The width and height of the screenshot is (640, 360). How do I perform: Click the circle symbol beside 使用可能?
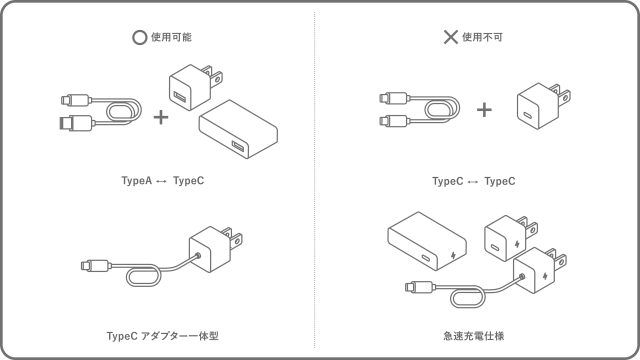(x=139, y=37)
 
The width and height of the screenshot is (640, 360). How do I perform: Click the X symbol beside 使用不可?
(x=450, y=37)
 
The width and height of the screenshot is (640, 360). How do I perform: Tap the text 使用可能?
(x=171, y=37)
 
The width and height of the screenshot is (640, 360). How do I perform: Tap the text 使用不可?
(x=482, y=37)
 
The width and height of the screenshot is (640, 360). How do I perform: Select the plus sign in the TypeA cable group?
(x=161, y=118)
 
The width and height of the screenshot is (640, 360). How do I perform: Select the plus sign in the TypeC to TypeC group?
(x=484, y=109)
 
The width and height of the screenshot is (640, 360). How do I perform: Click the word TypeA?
(x=136, y=180)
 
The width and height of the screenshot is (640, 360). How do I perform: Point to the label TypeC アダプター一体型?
(x=162, y=336)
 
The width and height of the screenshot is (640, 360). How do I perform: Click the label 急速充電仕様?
(x=473, y=336)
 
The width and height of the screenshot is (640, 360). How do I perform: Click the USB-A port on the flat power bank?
(x=238, y=146)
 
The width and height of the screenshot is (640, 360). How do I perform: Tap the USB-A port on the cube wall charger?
(x=180, y=97)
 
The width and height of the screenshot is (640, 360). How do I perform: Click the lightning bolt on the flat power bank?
(x=453, y=256)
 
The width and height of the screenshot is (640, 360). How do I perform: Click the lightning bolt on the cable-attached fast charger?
(x=546, y=276)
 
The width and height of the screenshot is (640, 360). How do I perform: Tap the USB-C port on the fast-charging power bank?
(x=425, y=258)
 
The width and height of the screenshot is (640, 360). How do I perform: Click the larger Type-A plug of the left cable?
(x=76, y=122)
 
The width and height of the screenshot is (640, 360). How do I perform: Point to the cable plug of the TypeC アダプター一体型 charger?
(x=96, y=266)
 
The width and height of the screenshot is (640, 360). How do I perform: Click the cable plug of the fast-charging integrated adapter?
(x=420, y=287)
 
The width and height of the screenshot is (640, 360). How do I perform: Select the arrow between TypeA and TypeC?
(x=162, y=182)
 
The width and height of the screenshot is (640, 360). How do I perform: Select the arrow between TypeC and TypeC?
(x=473, y=182)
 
